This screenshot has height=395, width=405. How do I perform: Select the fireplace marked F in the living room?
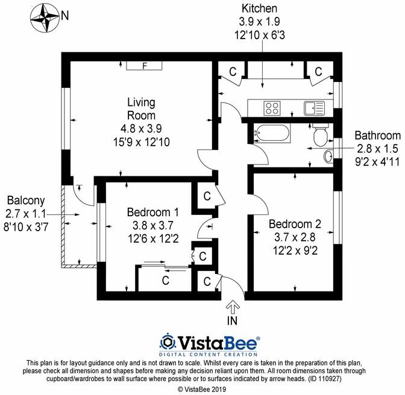144,65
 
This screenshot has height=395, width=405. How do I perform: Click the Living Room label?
141,109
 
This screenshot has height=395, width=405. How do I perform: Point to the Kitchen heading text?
259,8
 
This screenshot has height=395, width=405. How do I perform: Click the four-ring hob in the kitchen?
272,108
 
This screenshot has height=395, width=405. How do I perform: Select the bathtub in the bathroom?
271,132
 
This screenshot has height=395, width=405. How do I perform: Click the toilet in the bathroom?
319,135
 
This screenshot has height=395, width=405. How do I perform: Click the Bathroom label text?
377,135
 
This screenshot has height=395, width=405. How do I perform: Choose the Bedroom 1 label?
152,212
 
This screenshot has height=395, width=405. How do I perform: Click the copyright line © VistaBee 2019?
202,390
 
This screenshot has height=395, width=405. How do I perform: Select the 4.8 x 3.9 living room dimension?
141,128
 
